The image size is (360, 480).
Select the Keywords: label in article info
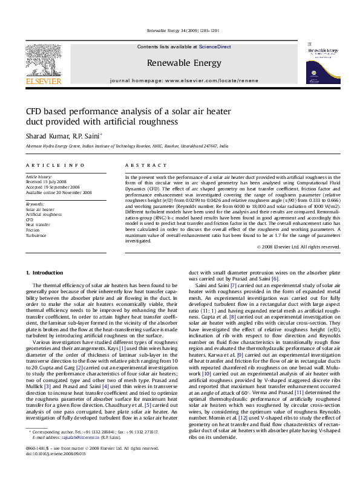(x=35, y=204)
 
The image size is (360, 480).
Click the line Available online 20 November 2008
(x=59, y=192)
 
